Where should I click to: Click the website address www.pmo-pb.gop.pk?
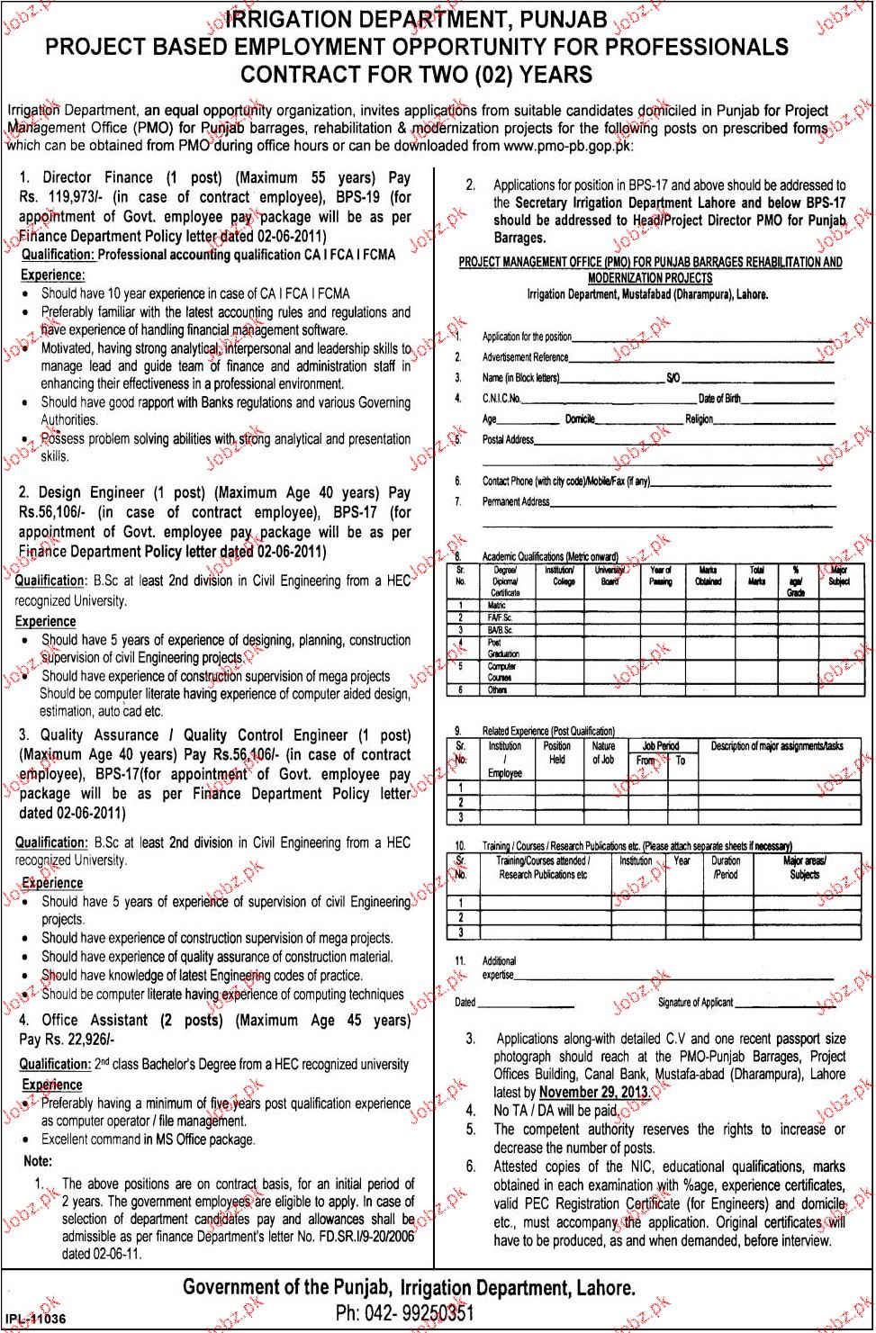tap(566, 146)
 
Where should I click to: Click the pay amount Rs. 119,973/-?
tap(59, 198)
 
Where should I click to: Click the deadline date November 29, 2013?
tap(593, 1093)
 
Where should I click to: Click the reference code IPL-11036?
tap(35, 1319)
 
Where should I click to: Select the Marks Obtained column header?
tap(708, 576)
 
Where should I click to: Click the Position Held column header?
tap(556, 752)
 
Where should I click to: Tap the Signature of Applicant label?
tap(695, 1003)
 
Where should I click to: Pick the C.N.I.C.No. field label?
tap(501, 399)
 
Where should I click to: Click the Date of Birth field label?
tap(719, 399)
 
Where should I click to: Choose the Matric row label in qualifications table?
tap(497, 606)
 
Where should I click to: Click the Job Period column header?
tap(660, 746)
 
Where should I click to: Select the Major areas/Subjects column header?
tap(804, 868)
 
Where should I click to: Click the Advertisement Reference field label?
tap(525, 357)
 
